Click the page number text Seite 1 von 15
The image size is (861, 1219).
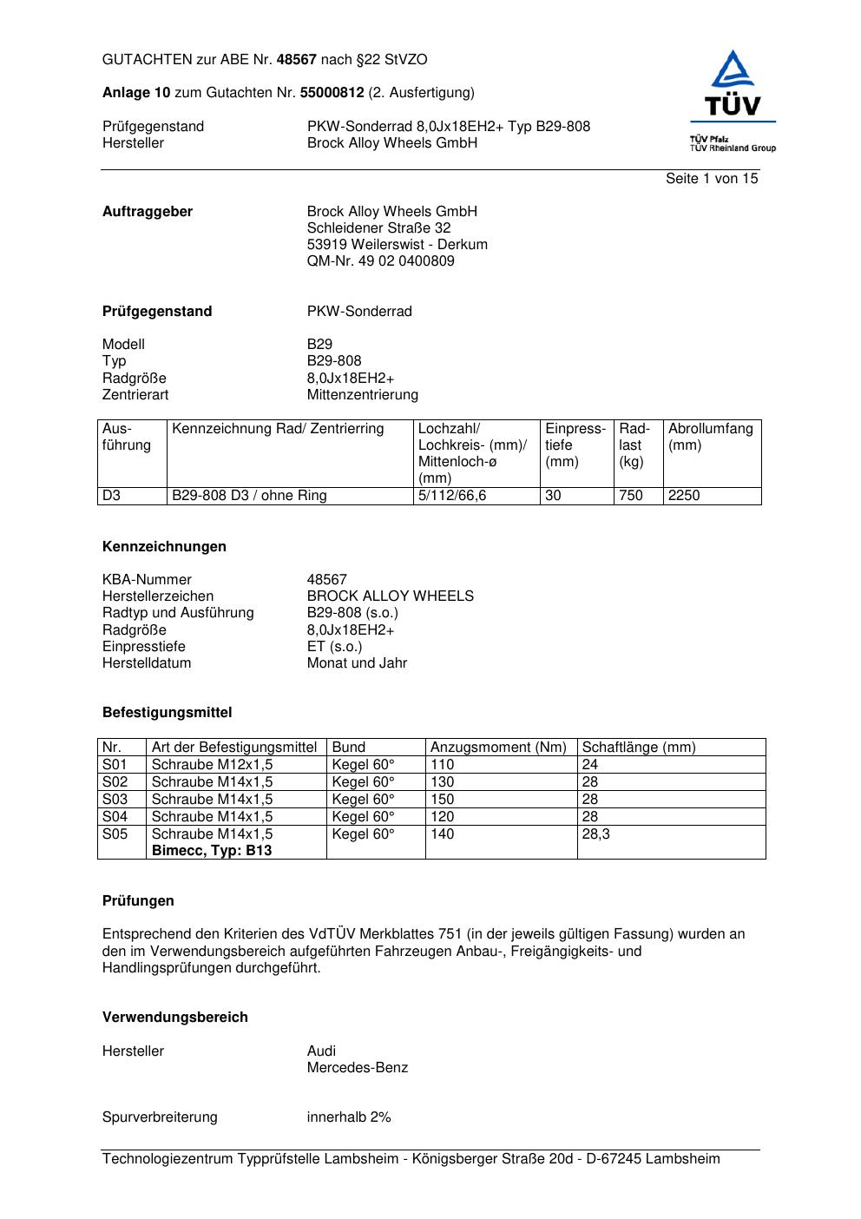click(711, 179)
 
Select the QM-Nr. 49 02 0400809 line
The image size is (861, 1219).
click(380, 261)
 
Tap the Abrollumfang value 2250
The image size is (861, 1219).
click(684, 496)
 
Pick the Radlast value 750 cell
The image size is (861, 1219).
click(631, 496)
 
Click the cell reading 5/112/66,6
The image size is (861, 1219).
click(452, 496)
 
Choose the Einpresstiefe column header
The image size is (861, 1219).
click(575, 445)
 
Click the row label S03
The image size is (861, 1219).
click(115, 800)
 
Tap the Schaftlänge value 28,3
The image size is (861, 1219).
click(595, 834)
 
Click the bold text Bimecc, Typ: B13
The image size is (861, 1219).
click(212, 851)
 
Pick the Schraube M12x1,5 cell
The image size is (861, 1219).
click(212, 765)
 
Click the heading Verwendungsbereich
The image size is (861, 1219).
click(175, 1018)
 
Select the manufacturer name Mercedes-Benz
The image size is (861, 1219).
click(357, 1068)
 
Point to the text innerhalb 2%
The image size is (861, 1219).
click(349, 1117)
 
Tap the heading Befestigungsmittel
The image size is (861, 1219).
click(168, 713)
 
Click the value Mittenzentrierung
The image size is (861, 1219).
click(362, 395)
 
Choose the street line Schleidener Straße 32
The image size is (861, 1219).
click(378, 228)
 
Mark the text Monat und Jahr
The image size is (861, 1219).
click(357, 663)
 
